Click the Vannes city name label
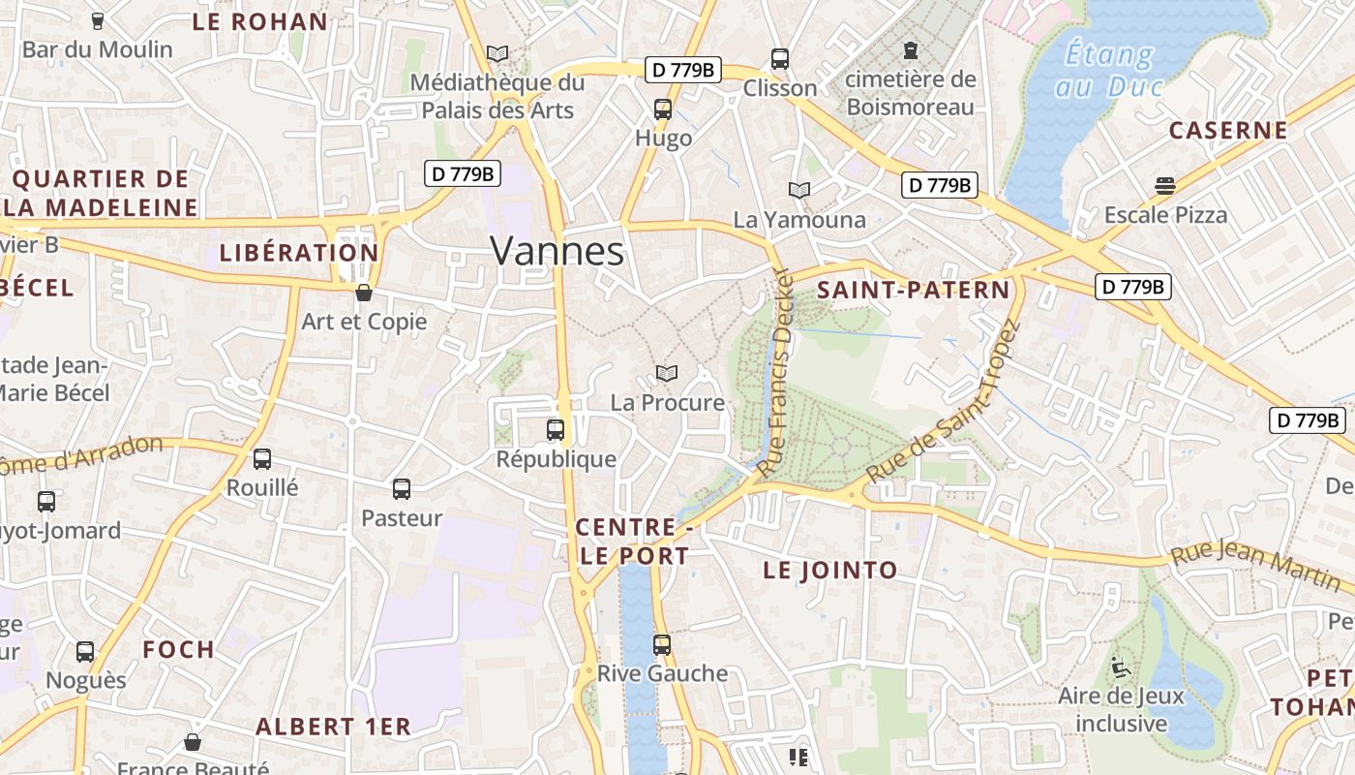point(557,251)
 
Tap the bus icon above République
point(556,430)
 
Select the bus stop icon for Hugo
point(663,109)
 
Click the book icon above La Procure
point(666,373)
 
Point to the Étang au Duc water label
point(1108,70)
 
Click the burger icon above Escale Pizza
point(1164,186)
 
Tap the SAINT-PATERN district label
point(913,290)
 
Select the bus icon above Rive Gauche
point(662,644)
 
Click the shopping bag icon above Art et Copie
point(364,293)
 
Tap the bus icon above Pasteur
point(402,489)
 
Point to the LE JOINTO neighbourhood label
point(829,571)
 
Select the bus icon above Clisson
point(780,59)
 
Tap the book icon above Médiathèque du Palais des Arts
point(497,53)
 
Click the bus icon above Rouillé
point(262,459)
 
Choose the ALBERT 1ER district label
point(333,726)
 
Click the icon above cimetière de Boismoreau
point(910,49)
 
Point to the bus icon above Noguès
point(85,652)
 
